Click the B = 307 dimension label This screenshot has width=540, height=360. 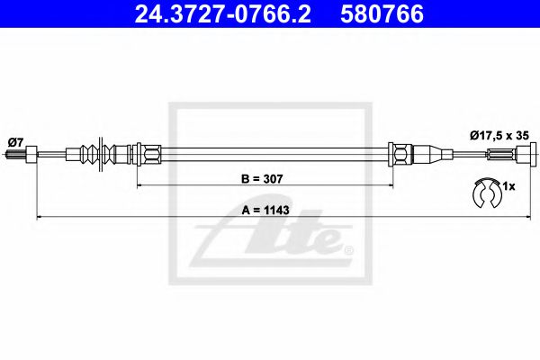(x=263, y=178)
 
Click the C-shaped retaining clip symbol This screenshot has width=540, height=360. (x=486, y=191)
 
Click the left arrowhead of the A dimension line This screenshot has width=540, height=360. (x=39, y=218)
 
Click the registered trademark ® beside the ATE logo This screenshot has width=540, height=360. (x=350, y=248)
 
